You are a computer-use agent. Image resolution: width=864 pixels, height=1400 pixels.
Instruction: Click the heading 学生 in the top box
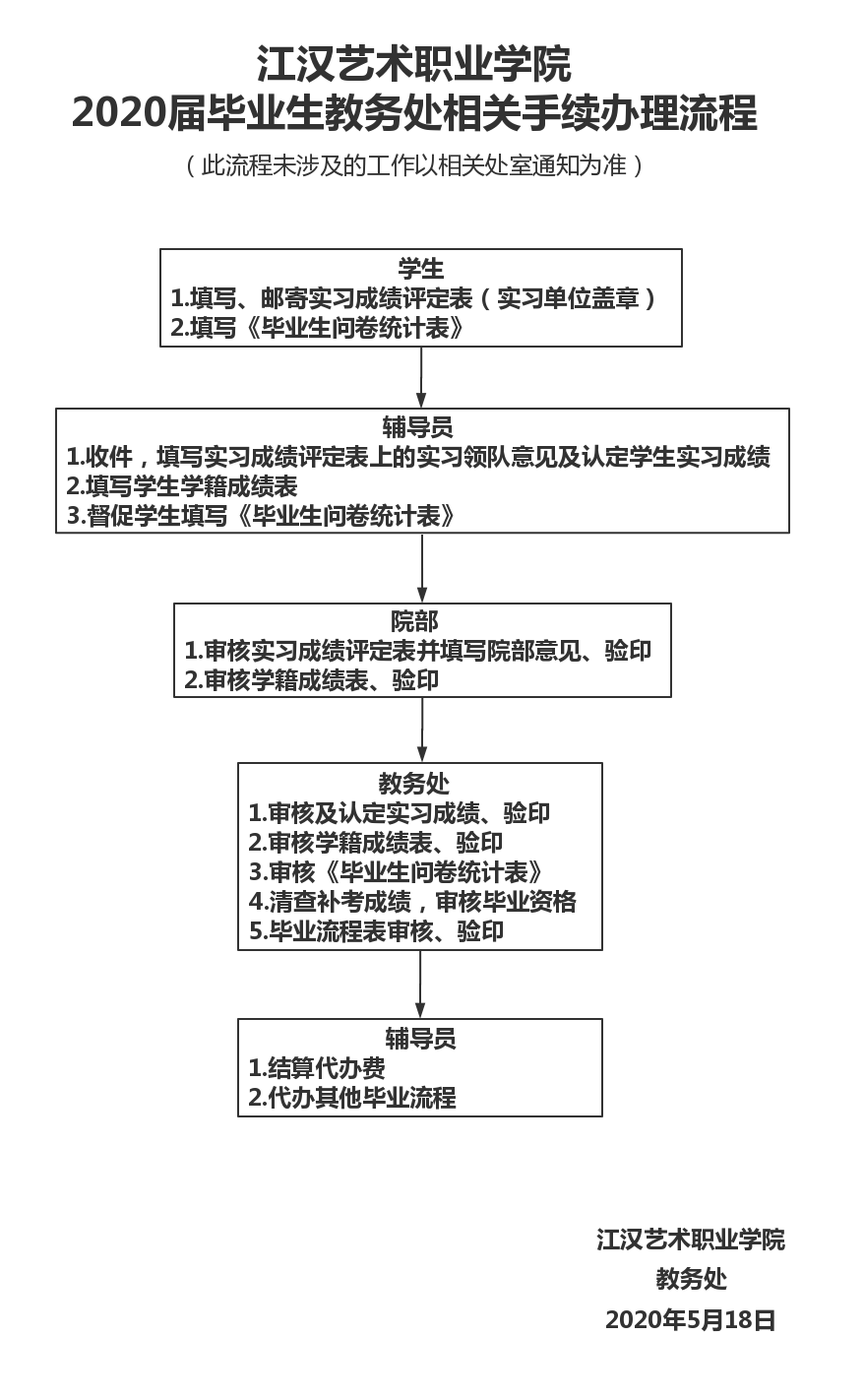click(x=420, y=269)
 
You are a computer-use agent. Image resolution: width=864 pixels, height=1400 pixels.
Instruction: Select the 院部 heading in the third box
click(x=414, y=622)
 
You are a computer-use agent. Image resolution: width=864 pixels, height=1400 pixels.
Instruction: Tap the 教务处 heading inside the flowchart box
click(x=414, y=784)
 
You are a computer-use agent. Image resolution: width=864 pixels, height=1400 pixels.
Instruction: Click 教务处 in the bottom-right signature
click(x=691, y=1279)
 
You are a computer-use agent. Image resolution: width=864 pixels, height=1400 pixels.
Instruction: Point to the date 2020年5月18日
click(x=691, y=1320)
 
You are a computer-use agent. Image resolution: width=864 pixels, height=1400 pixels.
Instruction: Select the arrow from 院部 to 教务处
click(x=422, y=729)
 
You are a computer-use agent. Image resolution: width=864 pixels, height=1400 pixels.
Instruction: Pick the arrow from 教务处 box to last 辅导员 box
click(x=420, y=984)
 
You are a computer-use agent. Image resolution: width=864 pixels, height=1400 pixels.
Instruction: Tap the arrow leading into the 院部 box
click(x=422, y=567)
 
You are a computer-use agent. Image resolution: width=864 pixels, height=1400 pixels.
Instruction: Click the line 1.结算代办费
click(x=316, y=1068)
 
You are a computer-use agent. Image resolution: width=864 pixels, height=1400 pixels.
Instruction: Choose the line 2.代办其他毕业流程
click(x=351, y=1098)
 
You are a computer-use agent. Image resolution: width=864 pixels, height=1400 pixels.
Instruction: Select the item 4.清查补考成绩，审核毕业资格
click(x=411, y=901)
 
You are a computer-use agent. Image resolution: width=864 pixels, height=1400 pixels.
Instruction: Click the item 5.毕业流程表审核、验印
click(x=376, y=930)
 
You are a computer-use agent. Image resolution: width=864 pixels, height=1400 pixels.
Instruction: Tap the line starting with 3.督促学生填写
click(x=261, y=516)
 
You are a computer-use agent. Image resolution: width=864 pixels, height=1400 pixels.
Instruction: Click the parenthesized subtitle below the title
click(x=413, y=165)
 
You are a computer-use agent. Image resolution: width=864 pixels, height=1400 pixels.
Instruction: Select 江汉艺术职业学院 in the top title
click(x=413, y=65)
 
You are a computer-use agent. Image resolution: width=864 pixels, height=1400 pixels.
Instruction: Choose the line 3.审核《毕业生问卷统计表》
click(x=395, y=871)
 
